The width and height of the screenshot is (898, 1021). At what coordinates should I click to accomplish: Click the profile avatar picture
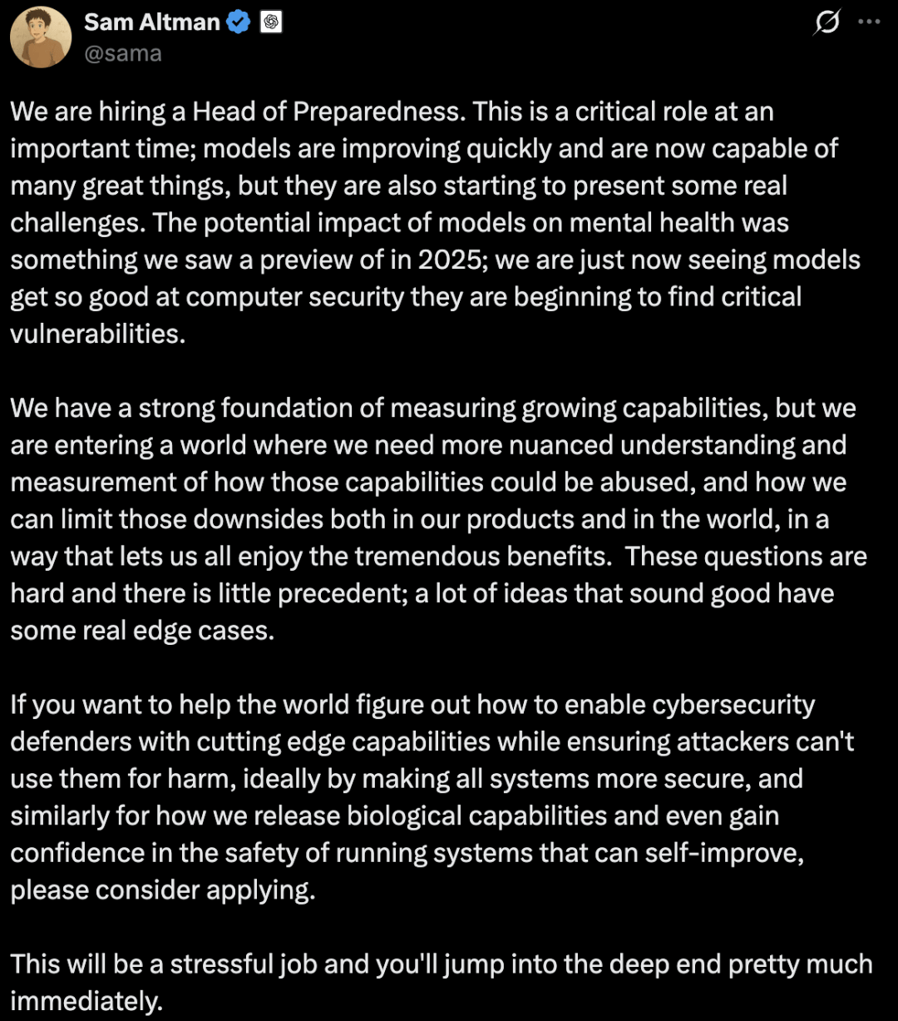pyautogui.click(x=41, y=37)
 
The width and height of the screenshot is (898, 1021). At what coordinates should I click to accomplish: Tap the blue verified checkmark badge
pyautogui.click(x=239, y=22)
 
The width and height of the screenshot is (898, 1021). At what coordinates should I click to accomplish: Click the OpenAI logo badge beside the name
pyautogui.click(x=271, y=22)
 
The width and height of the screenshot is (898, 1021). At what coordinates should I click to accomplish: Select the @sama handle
pyautogui.click(x=122, y=54)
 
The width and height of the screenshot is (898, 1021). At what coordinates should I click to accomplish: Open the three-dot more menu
pyautogui.click(x=869, y=22)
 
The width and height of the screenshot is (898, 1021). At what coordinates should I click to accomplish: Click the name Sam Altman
pyautogui.click(x=152, y=22)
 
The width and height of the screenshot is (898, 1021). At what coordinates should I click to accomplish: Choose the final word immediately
pyautogui.click(x=86, y=1001)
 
